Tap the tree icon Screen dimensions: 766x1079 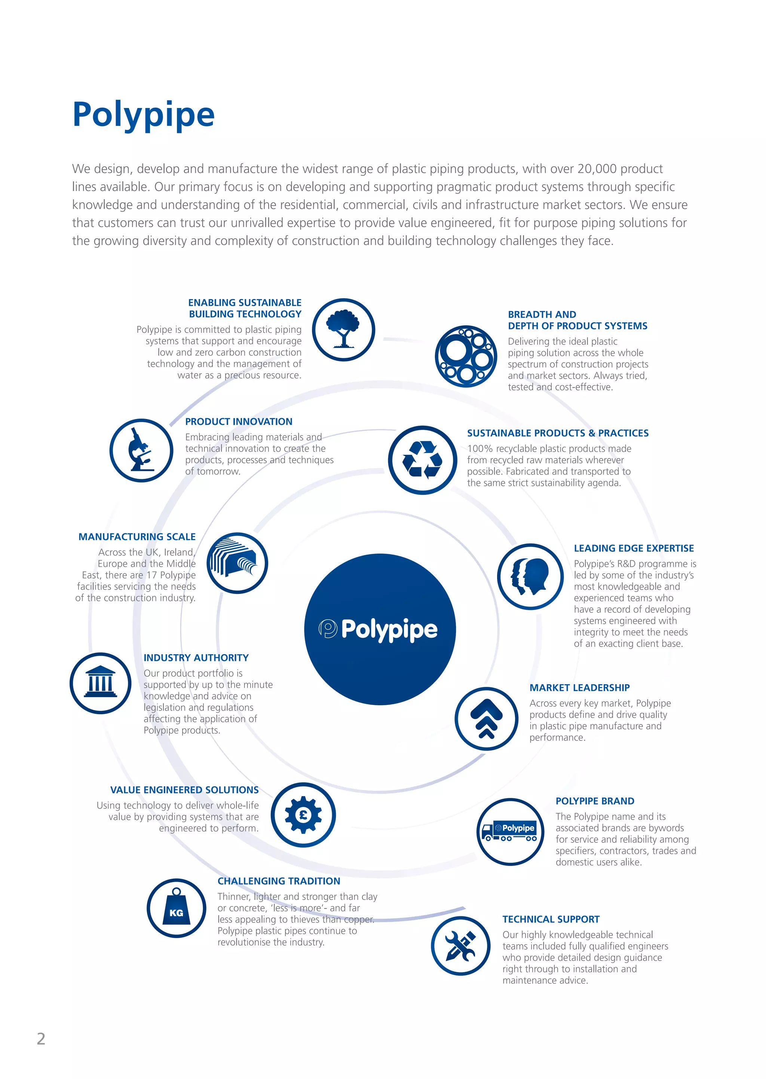pyautogui.click(x=343, y=329)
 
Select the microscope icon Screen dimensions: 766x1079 pyautogui.click(x=141, y=450)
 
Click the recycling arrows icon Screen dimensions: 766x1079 pyautogui.click(x=422, y=460)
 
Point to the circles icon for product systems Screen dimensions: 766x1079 pyautogui.click(x=466, y=356)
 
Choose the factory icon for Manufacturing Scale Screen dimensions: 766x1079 pyautogui.click(x=237, y=563)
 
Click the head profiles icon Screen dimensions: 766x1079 pyautogui.click(x=530, y=576)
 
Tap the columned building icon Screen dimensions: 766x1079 pyautogui.click(x=101, y=683)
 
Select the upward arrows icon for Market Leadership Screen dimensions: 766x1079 pyautogui.click(x=486, y=719)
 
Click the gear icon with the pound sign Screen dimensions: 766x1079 pyautogui.click(x=303, y=815)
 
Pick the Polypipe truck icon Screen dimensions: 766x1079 pyautogui.click(x=510, y=832)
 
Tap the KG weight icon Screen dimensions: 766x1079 pyautogui.click(x=177, y=908)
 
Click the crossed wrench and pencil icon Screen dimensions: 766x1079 pyautogui.click(x=460, y=946)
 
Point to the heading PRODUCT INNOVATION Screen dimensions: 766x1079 pyautogui.click(x=239, y=422)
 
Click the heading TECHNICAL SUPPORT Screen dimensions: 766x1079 pyautogui.click(x=551, y=919)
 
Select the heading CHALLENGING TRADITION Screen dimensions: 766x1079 pyautogui.click(x=279, y=881)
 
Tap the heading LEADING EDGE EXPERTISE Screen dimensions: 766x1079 pyautogui.click(x=634, y=548)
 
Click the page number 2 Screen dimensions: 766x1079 pyautogui.click(x=41, y=1039)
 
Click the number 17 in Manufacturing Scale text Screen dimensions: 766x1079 pyautogui.click(x=151, y=575)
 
